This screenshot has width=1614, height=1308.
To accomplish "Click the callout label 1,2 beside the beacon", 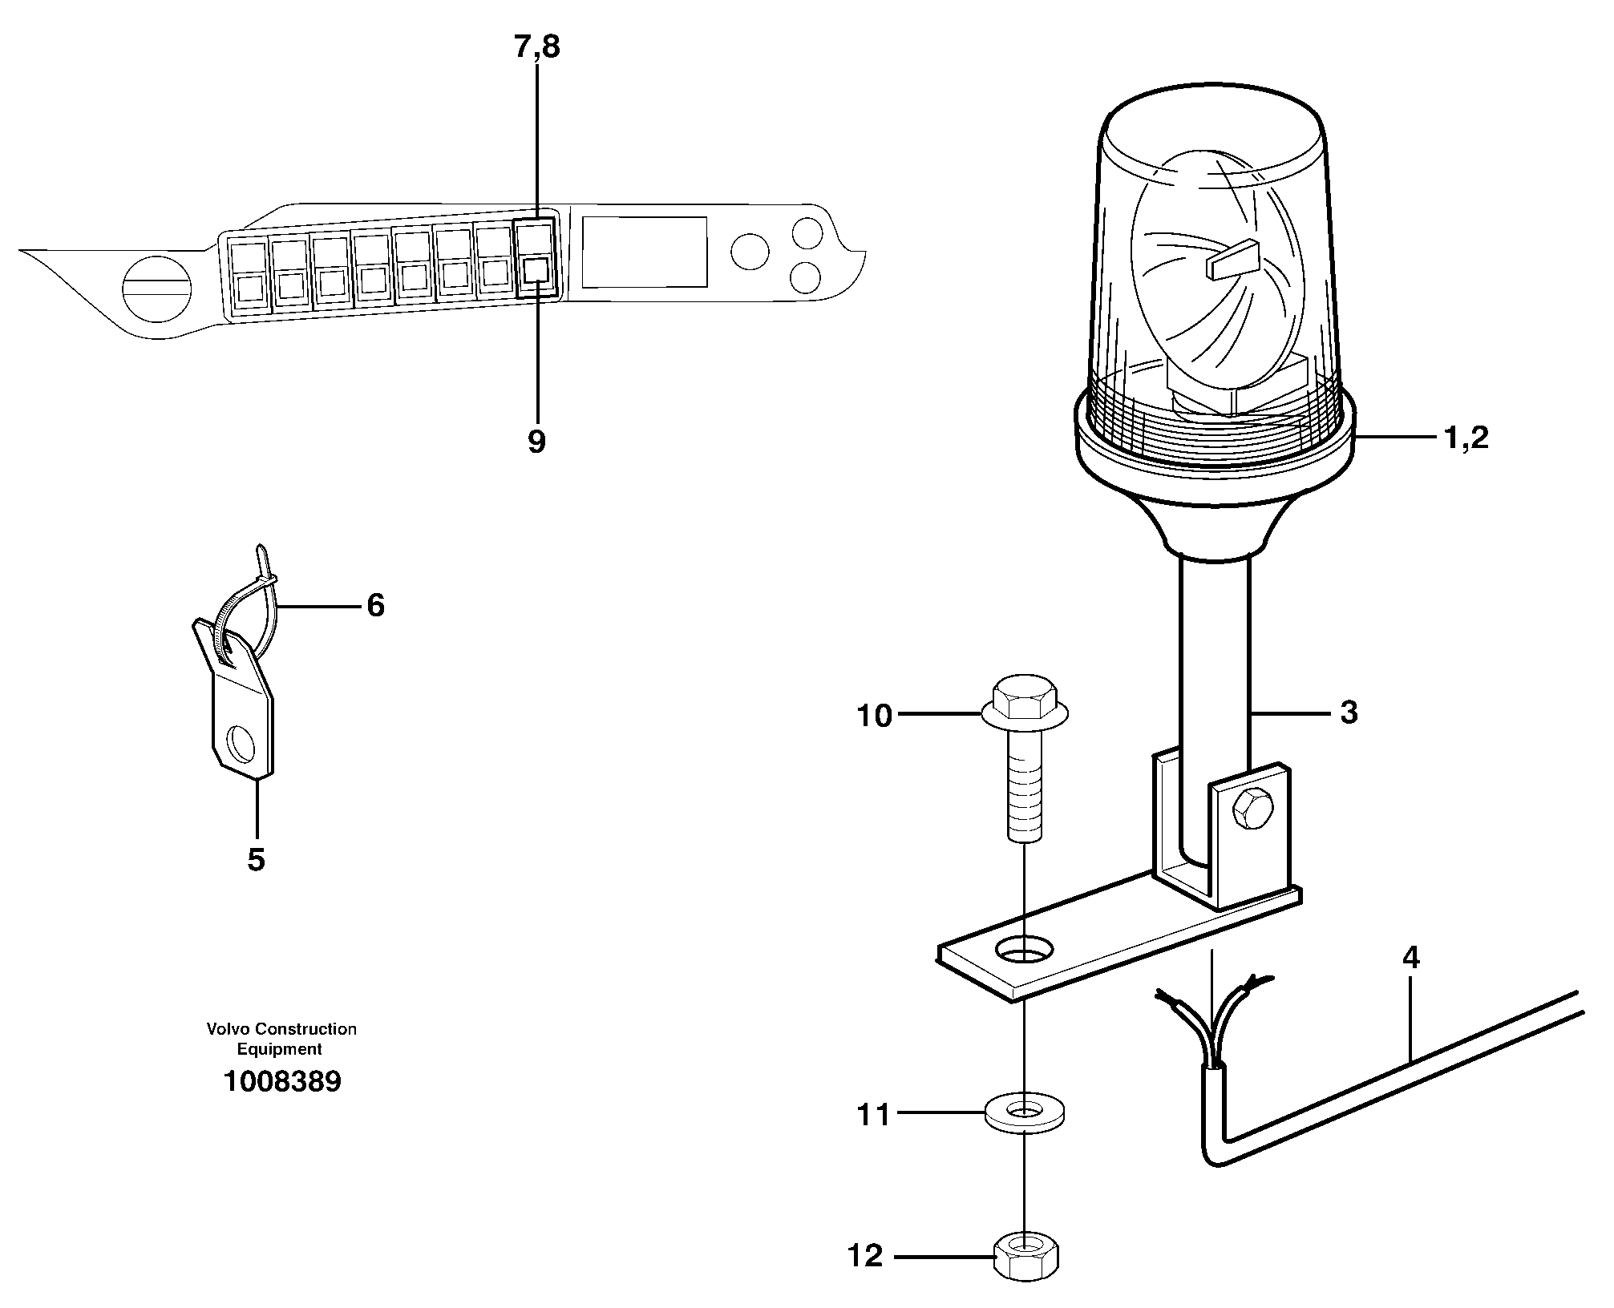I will coord(1466,438).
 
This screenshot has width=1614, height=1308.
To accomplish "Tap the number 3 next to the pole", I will coord(1349,713).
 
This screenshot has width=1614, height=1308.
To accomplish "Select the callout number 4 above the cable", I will coord(1410,959).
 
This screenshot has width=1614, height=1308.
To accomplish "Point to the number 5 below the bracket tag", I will coord(256,861).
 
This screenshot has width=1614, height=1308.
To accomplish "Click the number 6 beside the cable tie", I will coord(375,606).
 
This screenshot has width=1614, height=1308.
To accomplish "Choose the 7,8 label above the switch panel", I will coord(536,48).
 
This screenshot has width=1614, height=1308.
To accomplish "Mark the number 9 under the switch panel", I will coord(536,441).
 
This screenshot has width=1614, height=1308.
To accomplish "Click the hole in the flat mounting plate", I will coord(1024,951).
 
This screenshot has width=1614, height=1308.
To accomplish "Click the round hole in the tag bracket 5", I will coord(241,745).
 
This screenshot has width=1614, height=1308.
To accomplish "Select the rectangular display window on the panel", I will coord(644,252).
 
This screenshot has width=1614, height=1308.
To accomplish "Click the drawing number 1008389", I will coord(282,1082).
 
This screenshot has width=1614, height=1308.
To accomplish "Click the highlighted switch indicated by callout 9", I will coord(536,269).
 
